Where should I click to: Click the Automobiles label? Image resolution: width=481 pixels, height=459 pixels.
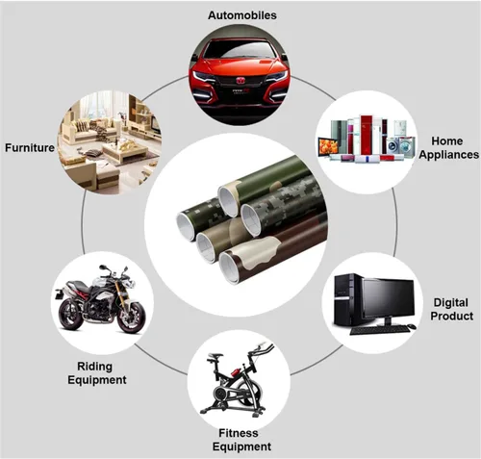point(242,15)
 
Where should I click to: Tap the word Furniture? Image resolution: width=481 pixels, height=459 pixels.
point(30,147)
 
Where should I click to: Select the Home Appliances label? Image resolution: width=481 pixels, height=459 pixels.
point(448,147)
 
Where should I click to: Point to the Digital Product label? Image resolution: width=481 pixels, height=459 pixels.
point(451,309)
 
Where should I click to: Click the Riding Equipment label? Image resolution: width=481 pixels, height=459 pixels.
point(97,373)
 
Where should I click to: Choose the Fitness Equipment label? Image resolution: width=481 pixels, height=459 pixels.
point(241,440)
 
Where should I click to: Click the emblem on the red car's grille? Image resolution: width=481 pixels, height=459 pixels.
point(240,81)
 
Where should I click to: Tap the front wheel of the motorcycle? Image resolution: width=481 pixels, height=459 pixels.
point(132,318)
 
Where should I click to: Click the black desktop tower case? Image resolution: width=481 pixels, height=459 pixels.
point(345,300)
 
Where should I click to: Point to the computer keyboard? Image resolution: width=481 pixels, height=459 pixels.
point(379,329)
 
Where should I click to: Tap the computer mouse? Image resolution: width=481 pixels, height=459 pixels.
point(413,326)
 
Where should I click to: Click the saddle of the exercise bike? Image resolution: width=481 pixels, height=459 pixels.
point(215,356)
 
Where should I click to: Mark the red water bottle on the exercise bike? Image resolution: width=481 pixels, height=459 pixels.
point(234,372)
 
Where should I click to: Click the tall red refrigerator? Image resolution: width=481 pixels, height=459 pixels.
point(366,134)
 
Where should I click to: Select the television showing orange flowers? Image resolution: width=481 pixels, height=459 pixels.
point(328,147)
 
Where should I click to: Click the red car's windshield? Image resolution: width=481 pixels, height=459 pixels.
point(240,50)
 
